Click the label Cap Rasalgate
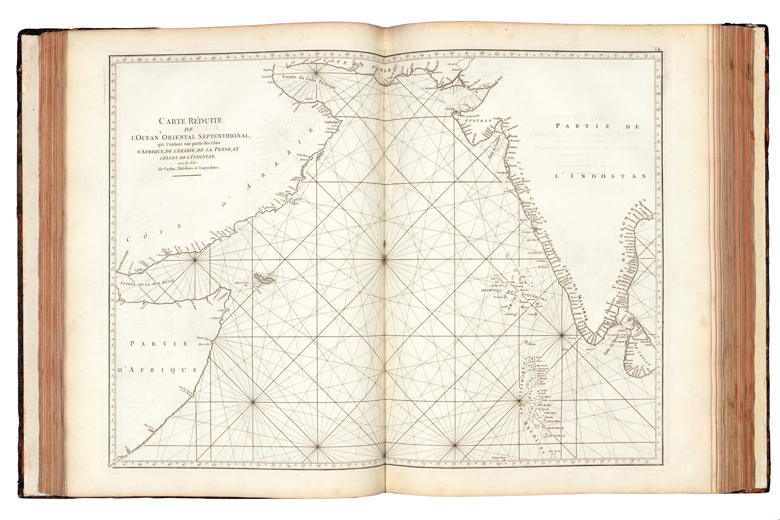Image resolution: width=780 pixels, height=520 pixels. click(x=331, y=122)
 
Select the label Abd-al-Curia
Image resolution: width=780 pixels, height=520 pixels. click(x=241, y=283)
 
